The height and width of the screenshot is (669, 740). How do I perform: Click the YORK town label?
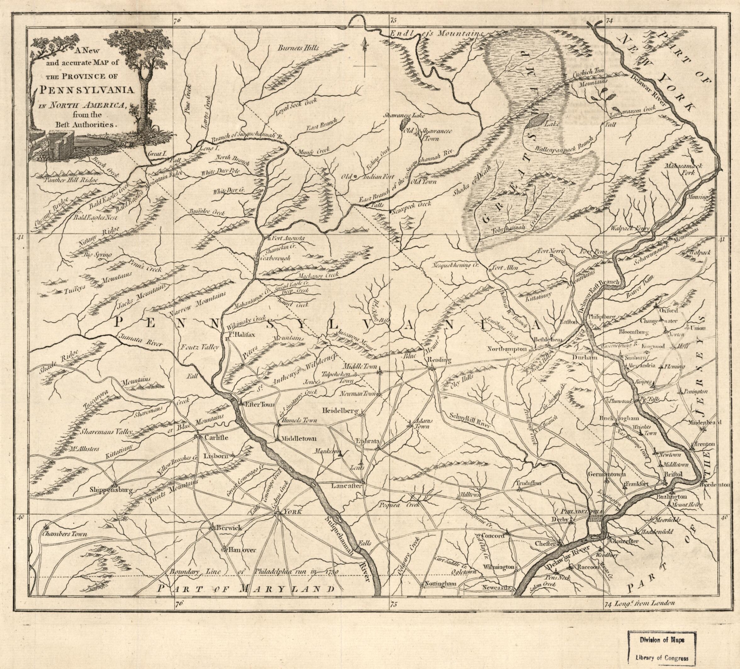pos(292,512)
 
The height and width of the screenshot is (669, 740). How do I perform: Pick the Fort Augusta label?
pos(288,238)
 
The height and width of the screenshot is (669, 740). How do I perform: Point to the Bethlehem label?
pos(547,340)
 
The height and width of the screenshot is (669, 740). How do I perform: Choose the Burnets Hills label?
pos(298,48)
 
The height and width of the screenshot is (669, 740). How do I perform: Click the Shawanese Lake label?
pos(403,115)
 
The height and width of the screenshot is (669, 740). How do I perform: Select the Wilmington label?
pos(498,567)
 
